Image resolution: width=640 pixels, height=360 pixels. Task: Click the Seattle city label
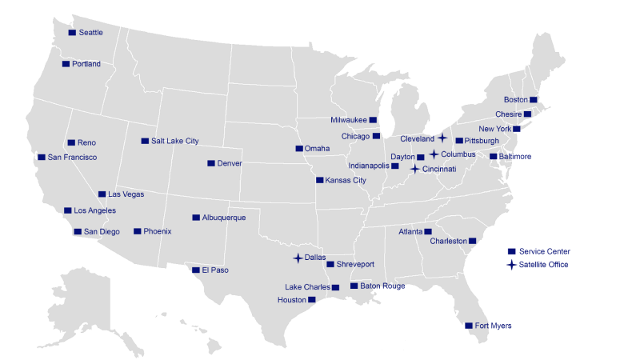pos(90,33)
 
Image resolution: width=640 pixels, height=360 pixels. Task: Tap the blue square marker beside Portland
pos(66,63)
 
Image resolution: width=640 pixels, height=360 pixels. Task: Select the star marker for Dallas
pos(298,258)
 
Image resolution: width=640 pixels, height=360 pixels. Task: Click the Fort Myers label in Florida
pos(493,326)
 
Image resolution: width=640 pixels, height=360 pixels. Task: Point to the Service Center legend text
pos(544,251)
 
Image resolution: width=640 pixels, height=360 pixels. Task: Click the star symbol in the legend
pos(511,264)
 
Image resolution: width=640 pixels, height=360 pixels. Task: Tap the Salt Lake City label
pos(174,141)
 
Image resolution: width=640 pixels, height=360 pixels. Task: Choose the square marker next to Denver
pos(211,163)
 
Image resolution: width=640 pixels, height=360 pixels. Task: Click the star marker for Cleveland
pos(442,138)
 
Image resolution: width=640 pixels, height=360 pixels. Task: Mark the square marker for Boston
pos(534,99)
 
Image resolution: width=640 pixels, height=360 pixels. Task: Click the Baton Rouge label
pos(382,286)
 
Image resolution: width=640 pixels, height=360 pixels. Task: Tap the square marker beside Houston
pos(312,300)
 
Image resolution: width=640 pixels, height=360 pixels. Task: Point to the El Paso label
pos(214,270)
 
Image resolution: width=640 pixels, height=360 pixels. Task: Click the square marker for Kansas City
pos(320,180)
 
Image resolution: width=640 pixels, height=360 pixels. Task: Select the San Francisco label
pos(72,158)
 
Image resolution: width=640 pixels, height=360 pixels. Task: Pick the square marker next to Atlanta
pos(427,231)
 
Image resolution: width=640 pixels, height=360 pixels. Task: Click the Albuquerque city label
pos(224,218)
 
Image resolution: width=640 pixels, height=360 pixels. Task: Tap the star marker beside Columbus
pos(434,154)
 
